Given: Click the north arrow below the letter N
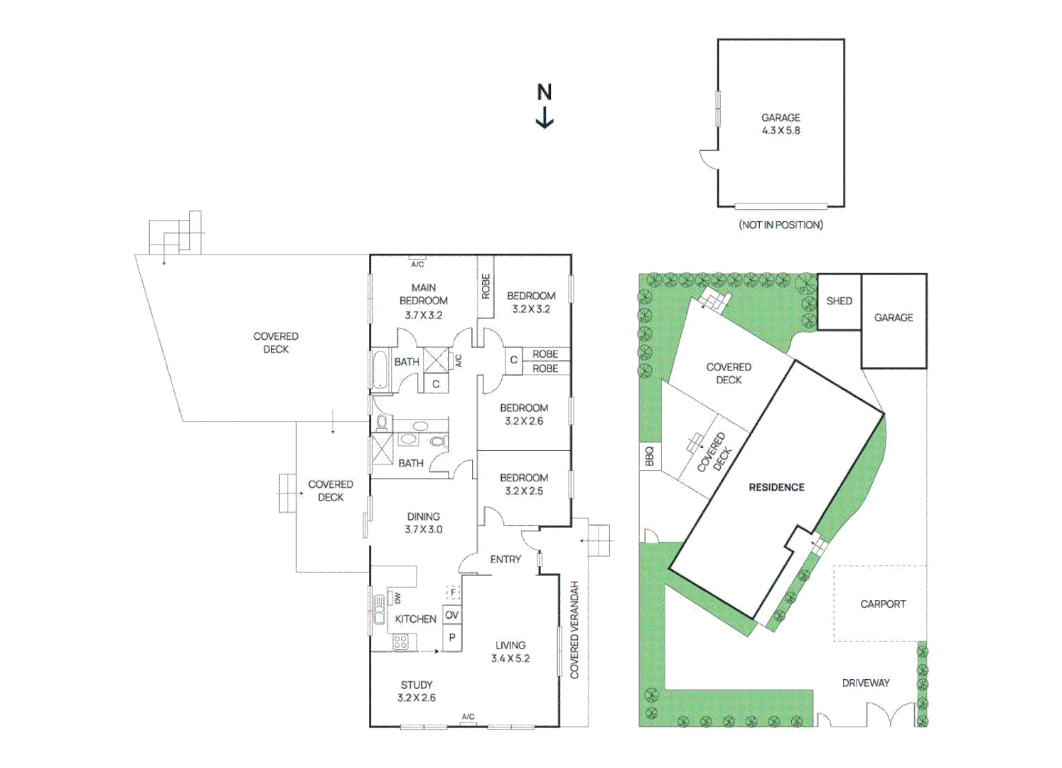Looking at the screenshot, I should [x=545, y=118].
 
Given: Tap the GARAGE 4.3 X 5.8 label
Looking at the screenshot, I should [x=781, y=124].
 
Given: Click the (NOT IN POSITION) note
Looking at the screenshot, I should [x=781, y=225].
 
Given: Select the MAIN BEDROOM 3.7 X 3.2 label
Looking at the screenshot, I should [x=424, y=301].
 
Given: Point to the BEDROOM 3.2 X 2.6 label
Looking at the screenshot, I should [x=524, y=414].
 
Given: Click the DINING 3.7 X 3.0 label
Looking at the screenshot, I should [x=424, y=523].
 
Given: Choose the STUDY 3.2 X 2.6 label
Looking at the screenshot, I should [x=417, y=691].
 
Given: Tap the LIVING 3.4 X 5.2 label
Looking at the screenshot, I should [x=510, y=651].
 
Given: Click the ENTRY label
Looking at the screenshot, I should [x=505, y=560].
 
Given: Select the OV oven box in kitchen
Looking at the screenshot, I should [x=452, y=615].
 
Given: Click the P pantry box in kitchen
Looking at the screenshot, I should [x=452, y=638].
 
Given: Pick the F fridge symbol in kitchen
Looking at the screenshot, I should [x=453, y=592].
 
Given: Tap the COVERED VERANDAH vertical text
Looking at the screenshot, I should [x=574, y=630].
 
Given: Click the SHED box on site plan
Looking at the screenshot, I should [x=839, y=302].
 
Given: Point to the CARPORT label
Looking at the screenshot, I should [x=883, y=604].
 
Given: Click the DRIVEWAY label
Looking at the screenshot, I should [x=866, y=683].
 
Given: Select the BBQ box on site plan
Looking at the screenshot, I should [x=649, y=456].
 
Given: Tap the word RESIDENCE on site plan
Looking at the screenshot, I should [x=776, y=487].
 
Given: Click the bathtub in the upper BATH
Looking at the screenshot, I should [x=380, y=370].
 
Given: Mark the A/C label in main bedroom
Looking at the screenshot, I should [x=418, y=264].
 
